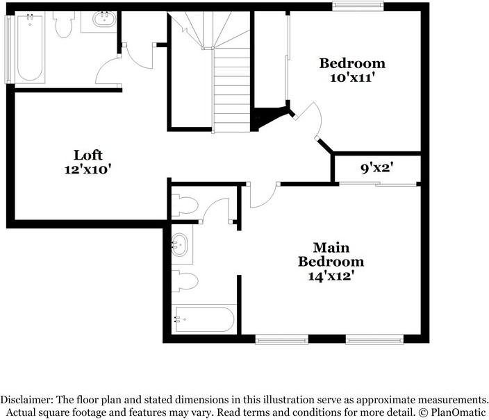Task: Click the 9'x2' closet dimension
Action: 378,167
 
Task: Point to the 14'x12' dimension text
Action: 331,276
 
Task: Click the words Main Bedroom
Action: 331,255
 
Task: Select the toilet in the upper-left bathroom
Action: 64,24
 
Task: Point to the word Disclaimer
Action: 26,400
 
